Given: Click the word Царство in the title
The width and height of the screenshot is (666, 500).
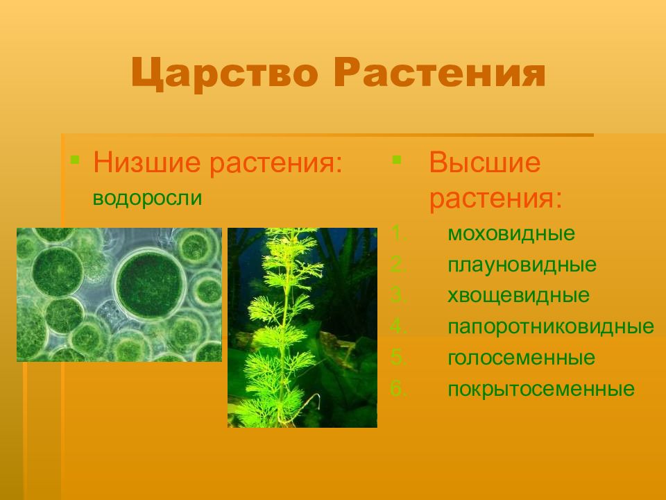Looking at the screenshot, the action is (224, 73).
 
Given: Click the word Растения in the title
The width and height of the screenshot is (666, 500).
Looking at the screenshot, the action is (440, 72).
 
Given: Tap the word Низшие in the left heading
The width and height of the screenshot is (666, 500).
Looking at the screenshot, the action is (146, 162).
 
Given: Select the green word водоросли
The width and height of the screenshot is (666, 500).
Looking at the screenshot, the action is (147, 198).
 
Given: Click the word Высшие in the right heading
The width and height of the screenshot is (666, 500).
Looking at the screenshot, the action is (485, 162).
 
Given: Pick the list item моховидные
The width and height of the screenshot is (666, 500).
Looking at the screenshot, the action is (511, 233).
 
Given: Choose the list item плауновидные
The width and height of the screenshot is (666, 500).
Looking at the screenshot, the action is (522, 265).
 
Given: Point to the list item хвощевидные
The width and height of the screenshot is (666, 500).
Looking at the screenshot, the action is (519, 296).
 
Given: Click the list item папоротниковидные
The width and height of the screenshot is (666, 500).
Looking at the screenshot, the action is (551, 326).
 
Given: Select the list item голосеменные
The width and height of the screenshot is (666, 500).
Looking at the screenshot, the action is (521, 358).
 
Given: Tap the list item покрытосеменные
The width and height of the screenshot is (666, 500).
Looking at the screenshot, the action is (541, 389).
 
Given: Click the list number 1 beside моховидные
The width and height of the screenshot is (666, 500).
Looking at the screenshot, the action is (398, 233).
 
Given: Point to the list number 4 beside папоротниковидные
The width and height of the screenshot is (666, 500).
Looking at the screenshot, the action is (398, 326).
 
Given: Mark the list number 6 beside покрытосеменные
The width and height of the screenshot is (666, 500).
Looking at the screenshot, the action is (398, 389).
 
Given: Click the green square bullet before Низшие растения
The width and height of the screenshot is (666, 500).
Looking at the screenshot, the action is (75, 160).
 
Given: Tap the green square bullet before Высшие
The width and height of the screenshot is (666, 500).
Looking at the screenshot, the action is (397, 160).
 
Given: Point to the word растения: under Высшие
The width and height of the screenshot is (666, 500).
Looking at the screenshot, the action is (495, 198).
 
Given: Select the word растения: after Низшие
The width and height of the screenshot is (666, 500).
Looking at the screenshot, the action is (276, 162).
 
